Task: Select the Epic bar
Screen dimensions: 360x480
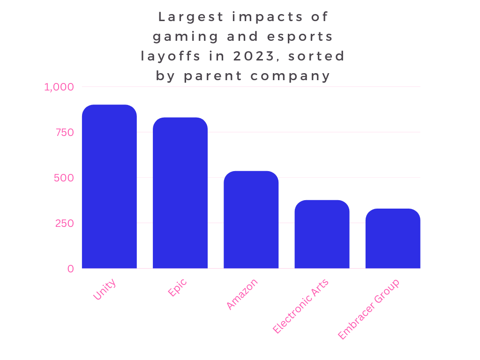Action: pyautogui.click(x=180, y=193)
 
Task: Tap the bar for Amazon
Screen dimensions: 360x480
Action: pyautogui.click(x=251, y=220)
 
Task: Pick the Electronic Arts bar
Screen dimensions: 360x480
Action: pyautogui.click(x=322, y=234)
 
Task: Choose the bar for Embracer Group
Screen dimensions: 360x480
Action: pyautogui.click(x=393, y=239)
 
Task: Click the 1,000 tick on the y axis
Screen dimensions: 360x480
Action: pyautogui.click(x=59, y=87)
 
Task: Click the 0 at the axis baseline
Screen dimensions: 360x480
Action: pyautogui.click(x=70, y=269)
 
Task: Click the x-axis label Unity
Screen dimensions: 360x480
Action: pyautogui.click(x=105, y=289)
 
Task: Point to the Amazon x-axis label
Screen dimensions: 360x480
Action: pyautogui.click(x=242, y=294)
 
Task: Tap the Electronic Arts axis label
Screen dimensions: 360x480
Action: pyautogui.click(x=301, y=306)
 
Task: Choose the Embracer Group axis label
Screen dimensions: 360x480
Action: pyautogui.click(x=369, y=309)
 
